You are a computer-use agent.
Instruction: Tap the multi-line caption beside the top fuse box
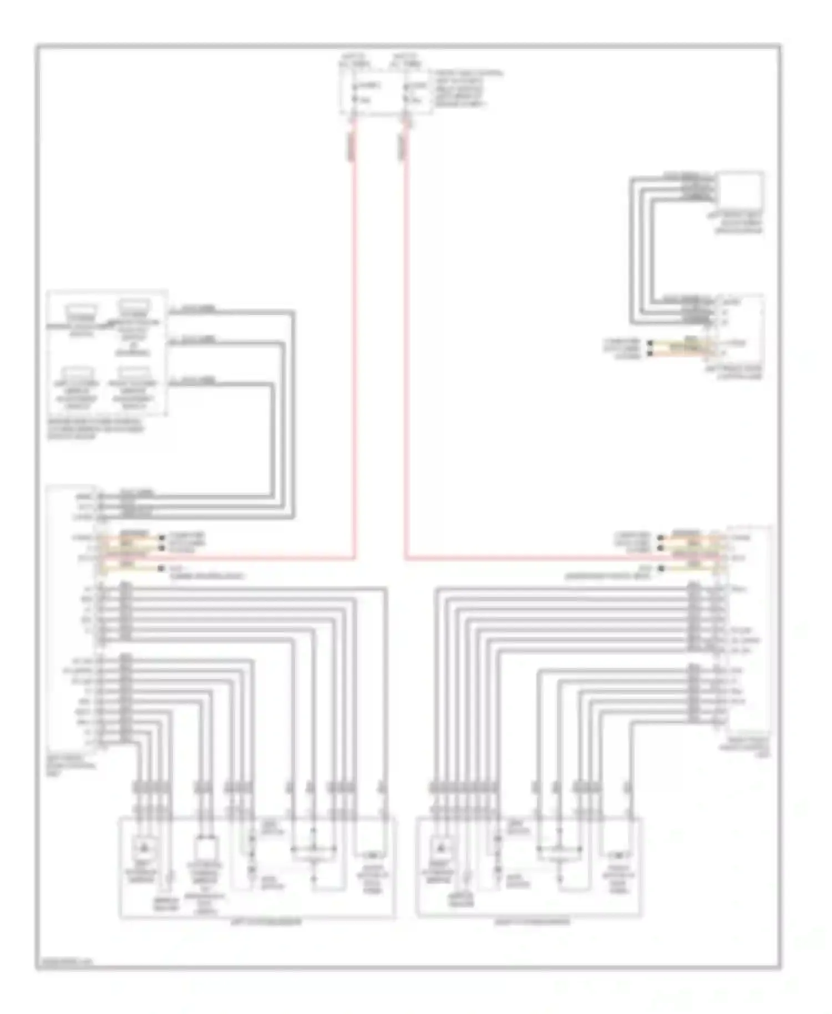coord(469,89)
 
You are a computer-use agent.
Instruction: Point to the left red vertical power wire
coord(354,333)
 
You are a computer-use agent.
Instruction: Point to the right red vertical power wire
coord(405,333)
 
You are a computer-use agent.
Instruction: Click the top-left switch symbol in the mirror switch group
coord(82,311)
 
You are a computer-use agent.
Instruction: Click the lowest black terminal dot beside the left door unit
coord(162,569)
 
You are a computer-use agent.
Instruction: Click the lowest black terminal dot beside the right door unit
coord(661,569)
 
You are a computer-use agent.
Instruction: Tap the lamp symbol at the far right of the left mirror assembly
coord(371,855)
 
